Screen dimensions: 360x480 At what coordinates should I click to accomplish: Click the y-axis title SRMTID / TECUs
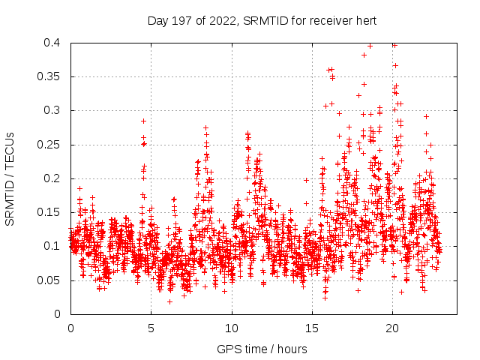point(10,178)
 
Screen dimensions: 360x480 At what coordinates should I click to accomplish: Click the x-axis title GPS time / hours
point(262,349)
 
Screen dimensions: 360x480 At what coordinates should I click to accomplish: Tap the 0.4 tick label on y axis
point(52,43)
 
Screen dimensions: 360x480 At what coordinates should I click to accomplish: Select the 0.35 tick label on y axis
point(49,76)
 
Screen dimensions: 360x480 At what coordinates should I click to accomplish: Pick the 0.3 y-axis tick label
point(52,110)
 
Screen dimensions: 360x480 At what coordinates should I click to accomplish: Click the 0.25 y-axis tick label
point(49,144)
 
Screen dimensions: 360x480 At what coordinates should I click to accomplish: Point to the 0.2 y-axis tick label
point(52,178)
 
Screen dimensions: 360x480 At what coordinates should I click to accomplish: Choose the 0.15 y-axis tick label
point(49,212)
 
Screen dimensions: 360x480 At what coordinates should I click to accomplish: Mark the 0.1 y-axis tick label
point(52,246)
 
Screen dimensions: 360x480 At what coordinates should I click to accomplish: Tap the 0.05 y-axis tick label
point(49,280)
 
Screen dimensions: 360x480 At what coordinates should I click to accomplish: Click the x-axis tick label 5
point(151,328)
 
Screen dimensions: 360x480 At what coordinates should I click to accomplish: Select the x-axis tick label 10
point(232,328)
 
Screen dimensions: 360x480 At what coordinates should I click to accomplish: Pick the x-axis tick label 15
point(312,328)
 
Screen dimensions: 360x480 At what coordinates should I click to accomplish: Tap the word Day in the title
point(158,20)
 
